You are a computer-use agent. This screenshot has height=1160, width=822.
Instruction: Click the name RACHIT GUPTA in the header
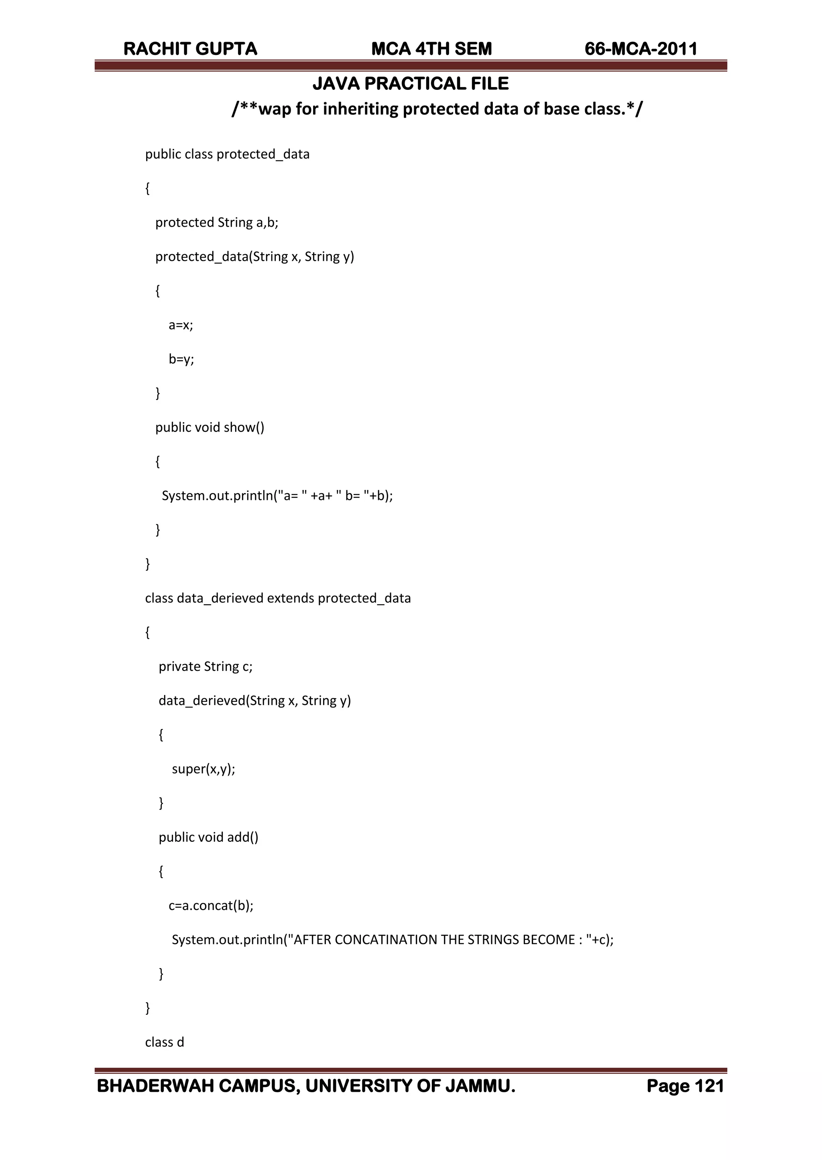tap(190, 49)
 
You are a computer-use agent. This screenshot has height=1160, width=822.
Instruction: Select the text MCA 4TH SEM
tap(431, 49)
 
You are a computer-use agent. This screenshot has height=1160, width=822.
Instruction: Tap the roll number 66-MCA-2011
tap(641, 49)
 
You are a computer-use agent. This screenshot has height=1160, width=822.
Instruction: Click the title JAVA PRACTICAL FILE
tap(411, 84)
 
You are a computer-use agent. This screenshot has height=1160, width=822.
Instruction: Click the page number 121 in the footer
tap(709, 1086)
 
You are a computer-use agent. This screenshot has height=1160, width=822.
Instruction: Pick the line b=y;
tap(181, 359)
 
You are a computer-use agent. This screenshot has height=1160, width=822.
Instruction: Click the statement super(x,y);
tap(203, 769)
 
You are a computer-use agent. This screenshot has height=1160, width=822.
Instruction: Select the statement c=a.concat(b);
tap(211, 906)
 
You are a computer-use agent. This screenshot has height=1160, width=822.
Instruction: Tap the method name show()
tap(244, 427)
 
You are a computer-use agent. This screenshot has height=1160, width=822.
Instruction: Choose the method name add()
tap(242, 837)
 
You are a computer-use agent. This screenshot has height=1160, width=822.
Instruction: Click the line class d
tap(165, 1042)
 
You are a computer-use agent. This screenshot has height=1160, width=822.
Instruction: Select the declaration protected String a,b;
tap(217, 223)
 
